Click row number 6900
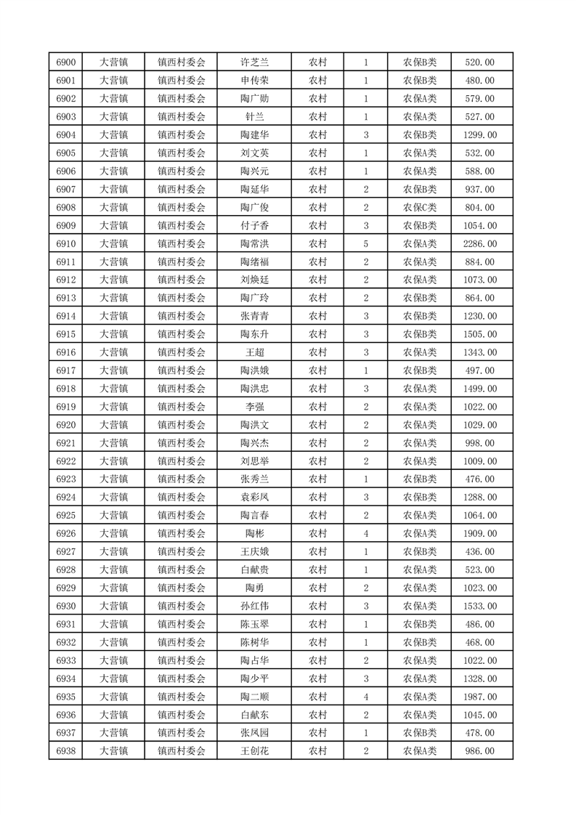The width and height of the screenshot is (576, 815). [x=66, y=62]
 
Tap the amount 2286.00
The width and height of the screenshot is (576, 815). [x=479, y=244]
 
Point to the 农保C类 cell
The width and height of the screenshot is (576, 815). [x=420, y=208]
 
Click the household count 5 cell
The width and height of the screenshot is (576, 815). [x=365, y=244]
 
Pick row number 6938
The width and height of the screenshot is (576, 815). [x=66, y=751]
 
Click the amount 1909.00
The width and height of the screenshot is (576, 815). [x=479, y=534]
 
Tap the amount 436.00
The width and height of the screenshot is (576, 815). [x=479, y=552]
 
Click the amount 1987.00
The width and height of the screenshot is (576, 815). [x=479, y=697]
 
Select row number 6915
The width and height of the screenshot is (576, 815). [x=66, y=334]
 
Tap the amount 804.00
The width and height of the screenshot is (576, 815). [x=479, y=208]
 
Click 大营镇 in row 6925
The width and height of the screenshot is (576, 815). [x=113, y=516]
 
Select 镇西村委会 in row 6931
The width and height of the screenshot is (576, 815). [x=182, y=625]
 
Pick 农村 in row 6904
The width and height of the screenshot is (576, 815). [x=317, y=135]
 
